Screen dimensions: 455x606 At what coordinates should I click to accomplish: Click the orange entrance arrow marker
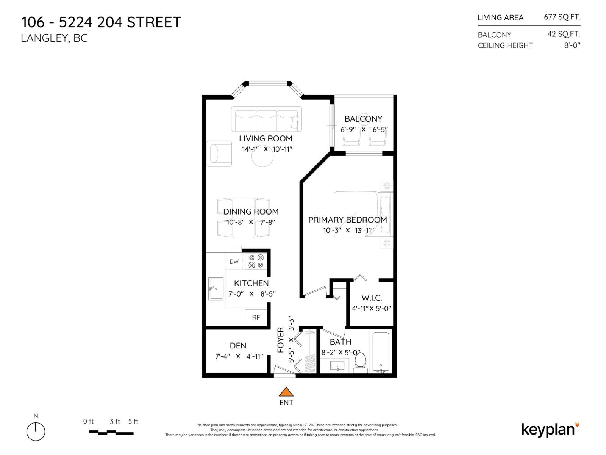286,392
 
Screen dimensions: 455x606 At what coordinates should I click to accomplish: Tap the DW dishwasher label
234,262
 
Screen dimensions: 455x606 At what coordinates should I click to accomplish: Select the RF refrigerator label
256,318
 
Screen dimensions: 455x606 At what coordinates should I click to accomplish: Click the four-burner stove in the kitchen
256,261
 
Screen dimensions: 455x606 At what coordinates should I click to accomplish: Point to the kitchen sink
216,289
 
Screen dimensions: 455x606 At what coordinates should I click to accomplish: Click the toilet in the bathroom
360,361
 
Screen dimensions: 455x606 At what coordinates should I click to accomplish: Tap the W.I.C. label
372,298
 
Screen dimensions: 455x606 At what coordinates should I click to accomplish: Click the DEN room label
238,346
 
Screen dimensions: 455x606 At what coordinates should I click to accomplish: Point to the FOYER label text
281,340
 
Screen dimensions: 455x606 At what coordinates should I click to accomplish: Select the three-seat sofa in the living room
266,119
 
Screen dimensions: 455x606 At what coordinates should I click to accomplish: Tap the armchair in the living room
219,154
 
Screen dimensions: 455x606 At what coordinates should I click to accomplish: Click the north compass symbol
36,431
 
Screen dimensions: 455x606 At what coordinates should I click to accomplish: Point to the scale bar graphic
111,432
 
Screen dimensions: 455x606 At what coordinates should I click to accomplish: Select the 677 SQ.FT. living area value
562,17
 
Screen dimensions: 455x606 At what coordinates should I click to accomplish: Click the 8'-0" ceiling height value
572,45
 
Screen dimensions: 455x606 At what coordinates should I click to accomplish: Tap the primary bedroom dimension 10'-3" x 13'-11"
348,230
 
